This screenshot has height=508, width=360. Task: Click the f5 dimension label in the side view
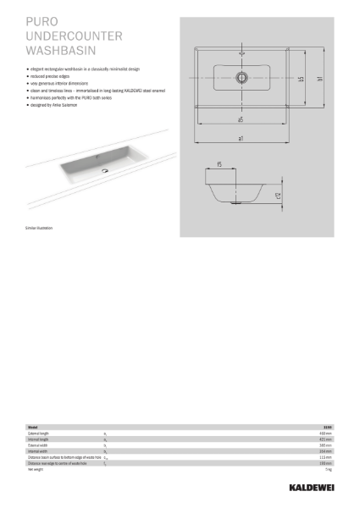(x=219, y=165)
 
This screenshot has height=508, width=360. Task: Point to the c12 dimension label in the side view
(x=279, y=196)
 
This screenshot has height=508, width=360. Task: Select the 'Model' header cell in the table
(x=33, y=428)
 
